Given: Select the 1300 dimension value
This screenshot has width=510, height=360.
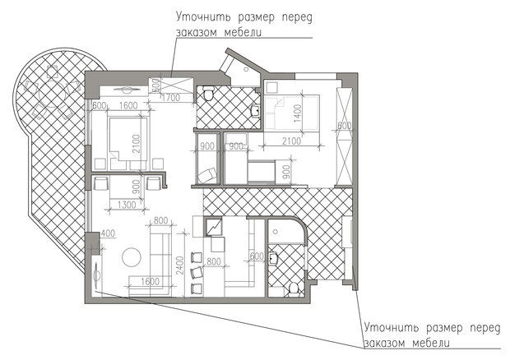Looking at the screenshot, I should click(x=127, y=204).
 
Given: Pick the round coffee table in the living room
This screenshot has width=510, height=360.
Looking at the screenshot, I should click(x=132, y=257).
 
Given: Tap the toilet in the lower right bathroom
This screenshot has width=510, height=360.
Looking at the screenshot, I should click(x=294, y=288).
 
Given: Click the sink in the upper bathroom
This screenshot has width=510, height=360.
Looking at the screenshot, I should click(x=255, y=110).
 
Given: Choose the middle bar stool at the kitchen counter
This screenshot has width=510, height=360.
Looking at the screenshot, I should click(x=196, y=272).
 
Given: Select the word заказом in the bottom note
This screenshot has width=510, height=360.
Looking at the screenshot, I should click(x=387, y=342).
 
